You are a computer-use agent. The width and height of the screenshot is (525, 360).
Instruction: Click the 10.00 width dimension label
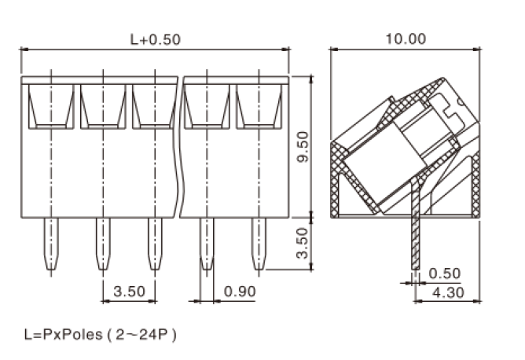tap(406, 38)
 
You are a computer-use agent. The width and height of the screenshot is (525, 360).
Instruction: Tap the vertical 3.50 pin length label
tap(300, 244)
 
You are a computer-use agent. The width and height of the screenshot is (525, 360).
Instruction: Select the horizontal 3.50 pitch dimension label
tap(129, 292)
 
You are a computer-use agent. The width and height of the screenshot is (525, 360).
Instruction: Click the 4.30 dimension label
tap(444, 292)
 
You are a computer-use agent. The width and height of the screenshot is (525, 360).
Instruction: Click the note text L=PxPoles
tap(63, 335)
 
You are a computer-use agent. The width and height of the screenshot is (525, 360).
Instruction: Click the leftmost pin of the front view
tap(50, 244)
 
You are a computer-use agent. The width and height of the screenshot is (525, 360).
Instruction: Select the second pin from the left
tap(102, 244)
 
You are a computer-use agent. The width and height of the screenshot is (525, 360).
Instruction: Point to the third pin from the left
tap(154, 244)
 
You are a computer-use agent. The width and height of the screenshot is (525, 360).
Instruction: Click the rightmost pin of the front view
tap(259, 244)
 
